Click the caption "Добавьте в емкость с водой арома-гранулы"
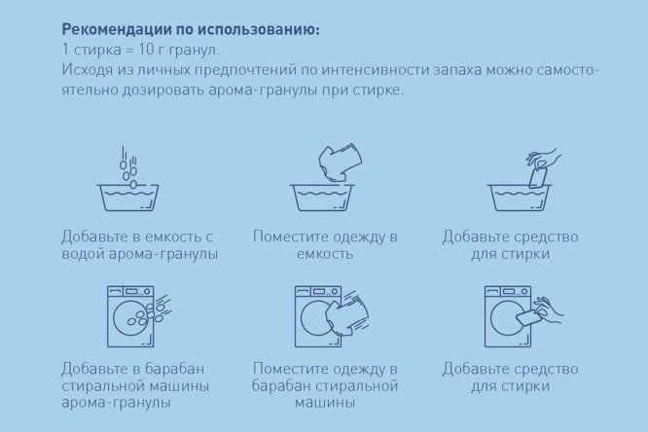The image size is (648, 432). point(137,245)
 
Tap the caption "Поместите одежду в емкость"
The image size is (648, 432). point(325,245)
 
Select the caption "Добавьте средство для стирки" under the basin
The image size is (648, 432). point(510,245)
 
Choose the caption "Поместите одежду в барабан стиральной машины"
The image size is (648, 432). point(325,385)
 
